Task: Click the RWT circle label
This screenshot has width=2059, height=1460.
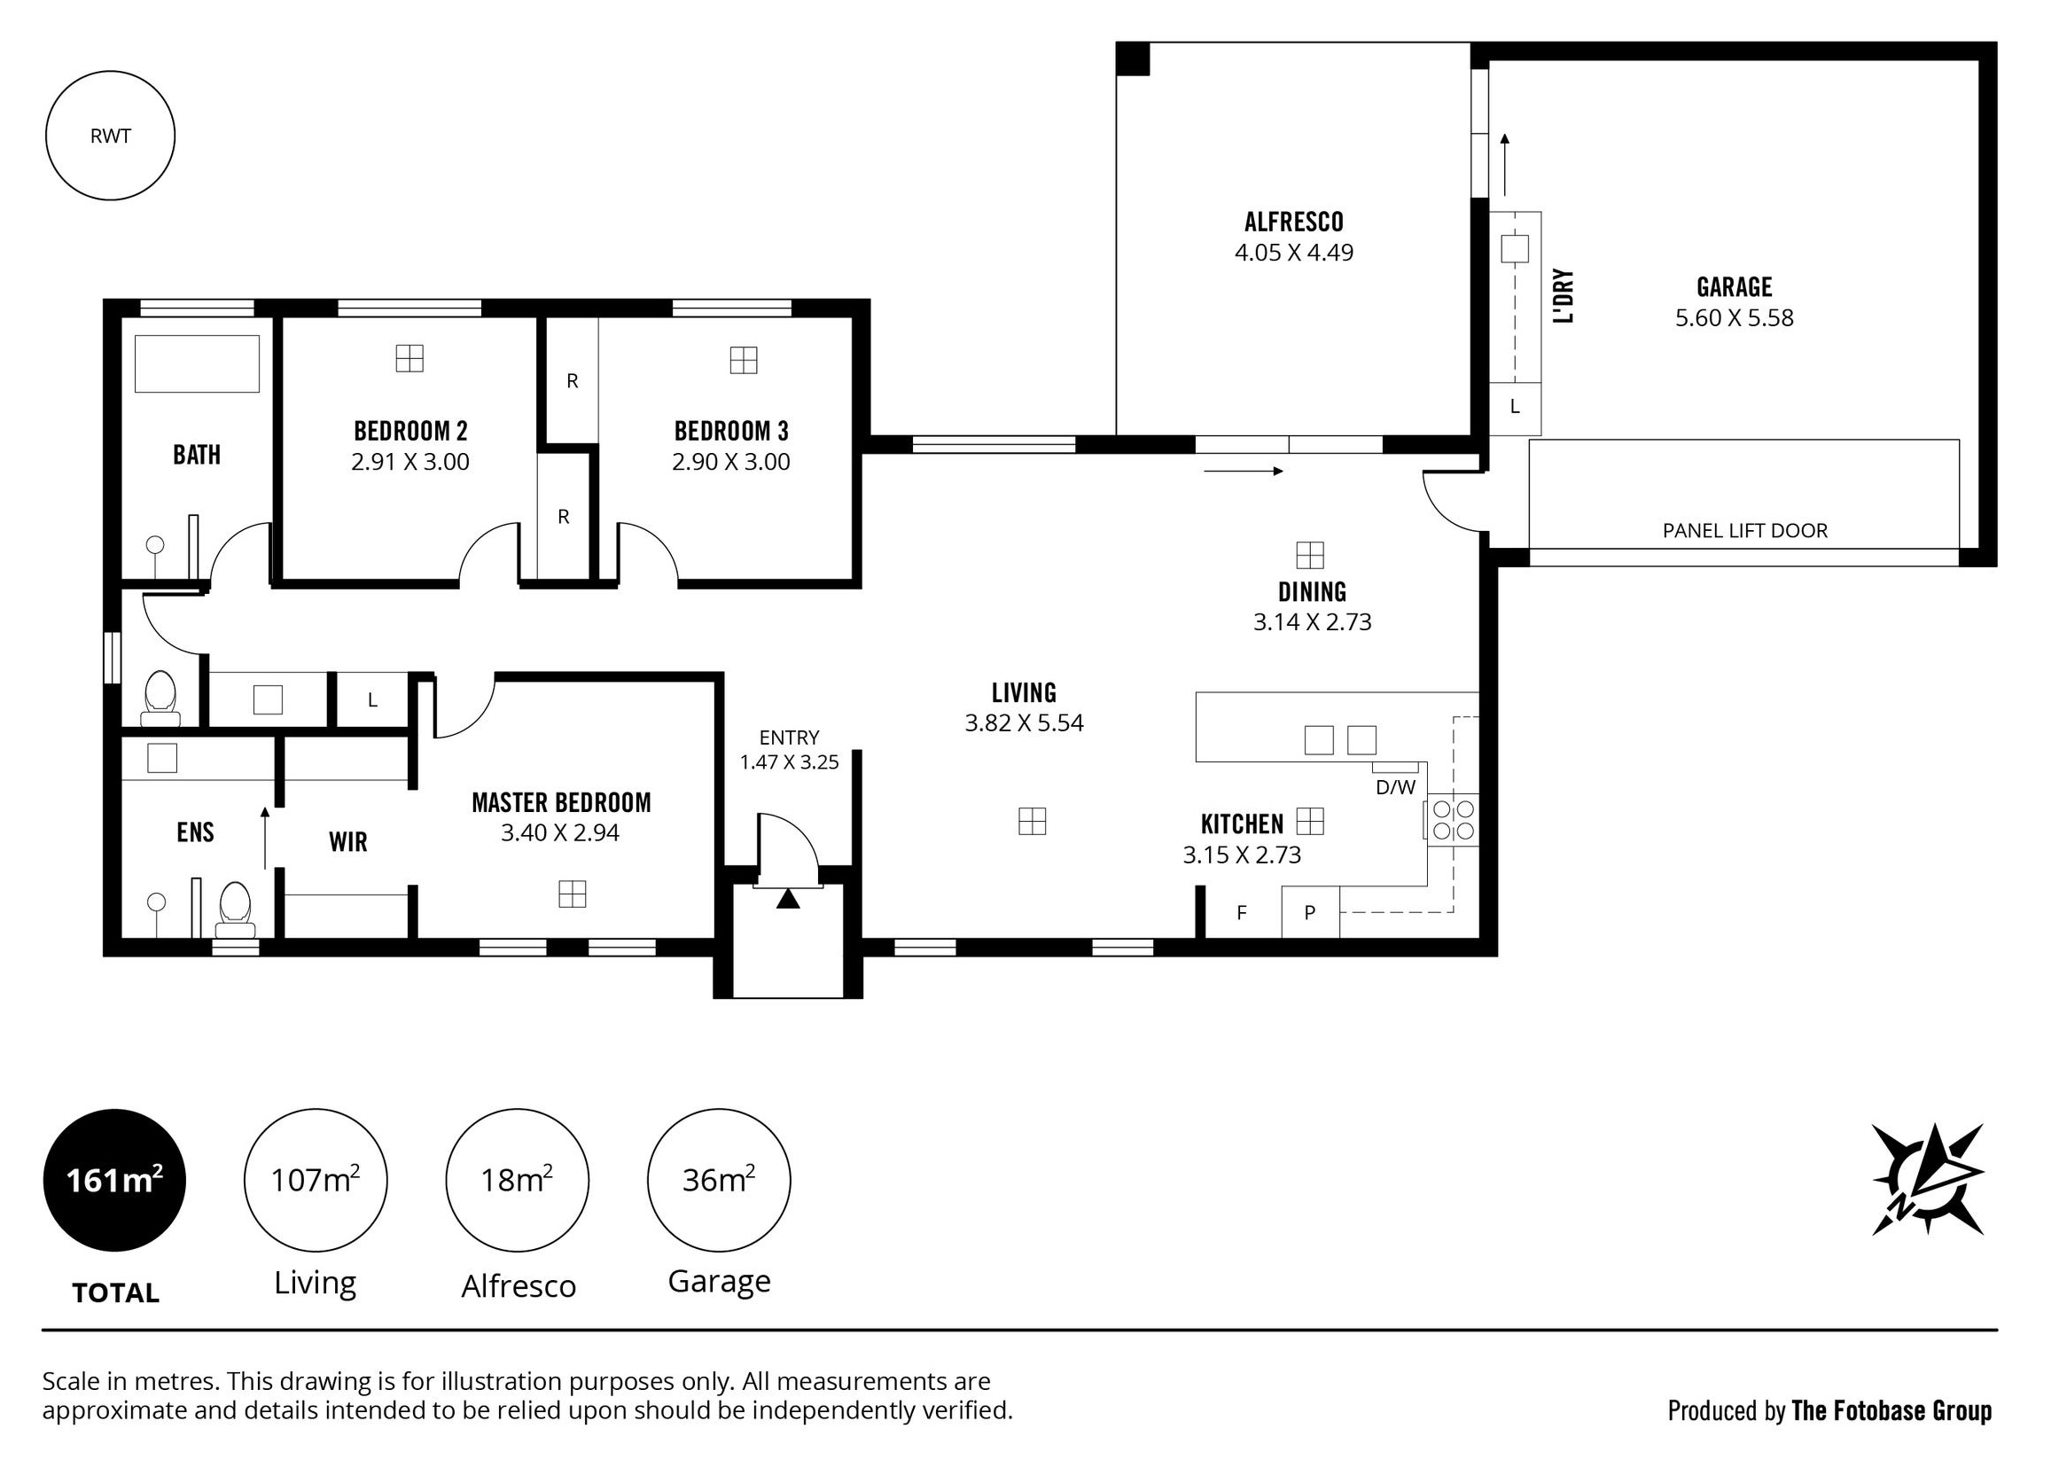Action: point(111,137)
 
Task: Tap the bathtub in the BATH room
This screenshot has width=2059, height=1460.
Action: point(197,363)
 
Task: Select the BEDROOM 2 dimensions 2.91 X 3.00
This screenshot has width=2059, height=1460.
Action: point(410,462)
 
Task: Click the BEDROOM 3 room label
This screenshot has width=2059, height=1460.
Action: point(731,432)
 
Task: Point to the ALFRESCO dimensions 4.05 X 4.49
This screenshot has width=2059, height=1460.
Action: point(1294,253)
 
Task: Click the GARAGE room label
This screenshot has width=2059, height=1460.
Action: point(1735,288)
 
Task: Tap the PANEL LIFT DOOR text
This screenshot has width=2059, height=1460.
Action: point(1745,531)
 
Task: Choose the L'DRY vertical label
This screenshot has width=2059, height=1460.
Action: point(1564,296)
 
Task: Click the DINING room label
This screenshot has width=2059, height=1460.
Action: point(1312,592)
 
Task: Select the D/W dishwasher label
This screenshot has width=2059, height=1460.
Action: point(1396,788)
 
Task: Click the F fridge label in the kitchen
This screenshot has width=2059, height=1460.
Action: point(1242,913)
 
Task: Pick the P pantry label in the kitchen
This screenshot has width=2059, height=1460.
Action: point(1309,913)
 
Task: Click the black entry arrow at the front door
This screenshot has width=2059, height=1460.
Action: point(788,898)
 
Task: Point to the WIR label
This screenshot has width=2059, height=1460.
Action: point(347,842)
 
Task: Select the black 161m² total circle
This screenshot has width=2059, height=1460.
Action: point(115,1181)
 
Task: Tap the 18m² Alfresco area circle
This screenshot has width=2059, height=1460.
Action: point(517,1181)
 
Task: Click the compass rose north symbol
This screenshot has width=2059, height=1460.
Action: point(1928,1180)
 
